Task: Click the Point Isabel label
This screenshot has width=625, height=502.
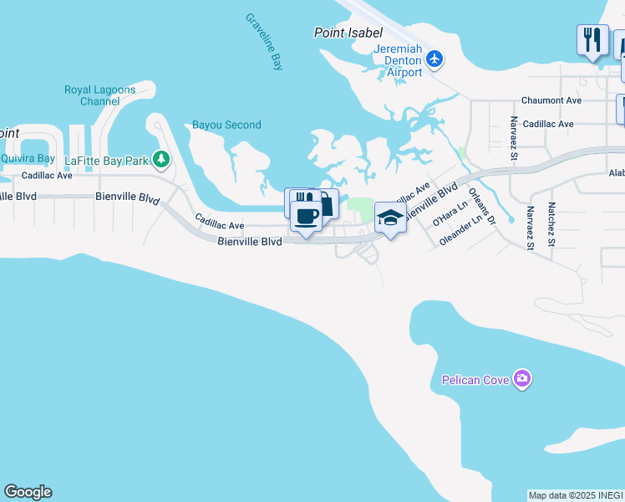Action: tap(348, 33)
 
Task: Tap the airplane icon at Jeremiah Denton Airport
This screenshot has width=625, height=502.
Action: tap(434, 59)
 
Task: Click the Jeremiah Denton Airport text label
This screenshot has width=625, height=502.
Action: tap(398, 60)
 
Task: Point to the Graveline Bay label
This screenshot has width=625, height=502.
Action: tap(265, 42)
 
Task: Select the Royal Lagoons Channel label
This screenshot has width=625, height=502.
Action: tap(99, 95)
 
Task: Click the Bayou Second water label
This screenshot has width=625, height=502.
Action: tap(226, 125)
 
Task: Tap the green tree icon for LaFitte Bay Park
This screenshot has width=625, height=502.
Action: tap(162, 159)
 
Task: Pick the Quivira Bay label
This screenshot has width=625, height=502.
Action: tap(27, 158)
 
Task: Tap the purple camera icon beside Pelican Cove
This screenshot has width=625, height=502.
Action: tap(523, 380)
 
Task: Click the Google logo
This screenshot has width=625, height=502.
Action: tap(28, 492)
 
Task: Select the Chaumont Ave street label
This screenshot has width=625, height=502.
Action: tap(551, 100)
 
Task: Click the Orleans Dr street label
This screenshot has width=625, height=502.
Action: tap(483, 205)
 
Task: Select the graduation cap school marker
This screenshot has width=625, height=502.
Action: tap(390, 218)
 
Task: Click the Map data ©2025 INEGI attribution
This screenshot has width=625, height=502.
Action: tap(576, 495)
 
